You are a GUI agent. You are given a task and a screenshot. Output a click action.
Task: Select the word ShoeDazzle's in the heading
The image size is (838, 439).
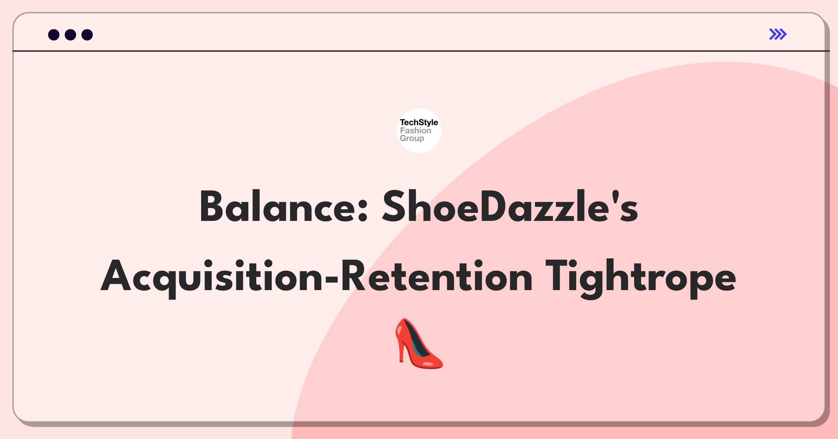[x=510, y=206]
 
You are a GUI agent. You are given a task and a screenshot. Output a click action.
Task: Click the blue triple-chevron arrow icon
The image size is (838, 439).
[x=778, y=34]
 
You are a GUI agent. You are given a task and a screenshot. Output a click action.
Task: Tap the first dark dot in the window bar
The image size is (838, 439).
[x=54, y=35]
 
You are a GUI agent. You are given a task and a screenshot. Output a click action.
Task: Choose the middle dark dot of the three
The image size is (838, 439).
[x=71, y=35]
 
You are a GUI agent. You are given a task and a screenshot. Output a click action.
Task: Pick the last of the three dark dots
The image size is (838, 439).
[x=87, y=35]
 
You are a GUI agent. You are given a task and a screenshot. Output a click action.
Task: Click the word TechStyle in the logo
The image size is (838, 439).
[x=419, y=122]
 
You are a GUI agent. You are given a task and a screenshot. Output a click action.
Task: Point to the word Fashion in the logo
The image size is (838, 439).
[x=416, y=130]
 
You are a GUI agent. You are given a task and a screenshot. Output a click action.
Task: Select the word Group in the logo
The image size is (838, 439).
[x=412, y=138]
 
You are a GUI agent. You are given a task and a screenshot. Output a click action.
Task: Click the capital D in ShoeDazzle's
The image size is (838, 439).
[x=493, y=206]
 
